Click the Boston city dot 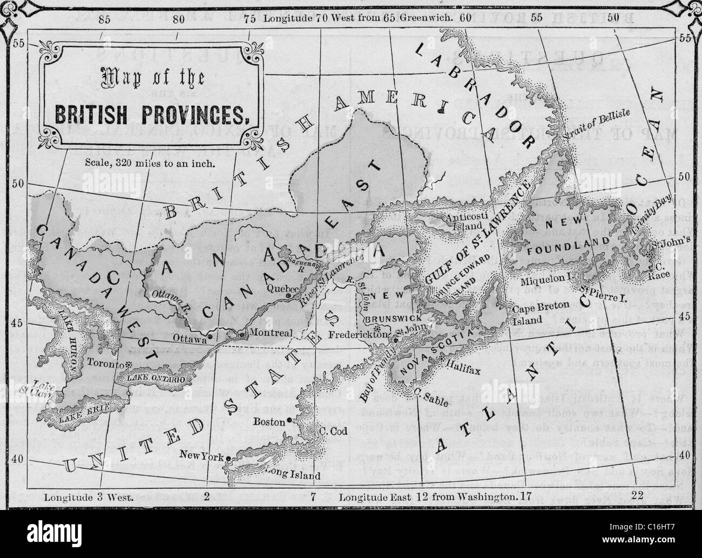point(290,420)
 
